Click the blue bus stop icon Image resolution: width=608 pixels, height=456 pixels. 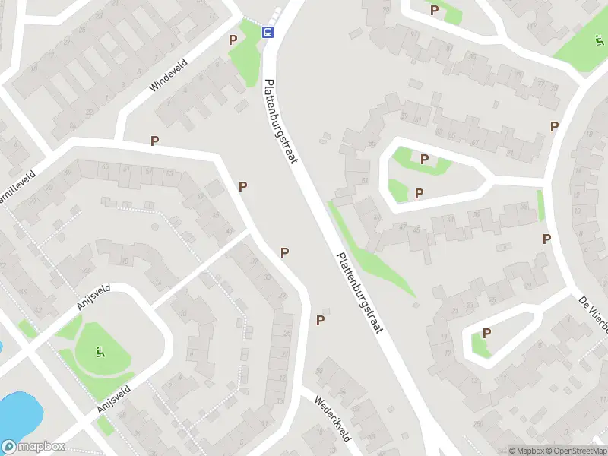268,32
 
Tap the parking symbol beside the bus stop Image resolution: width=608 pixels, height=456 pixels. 233,39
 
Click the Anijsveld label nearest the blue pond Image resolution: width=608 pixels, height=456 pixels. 113,398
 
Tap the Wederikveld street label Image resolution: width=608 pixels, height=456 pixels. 332,417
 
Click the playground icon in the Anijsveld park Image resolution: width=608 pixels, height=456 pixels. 99,352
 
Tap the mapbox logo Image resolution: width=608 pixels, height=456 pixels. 33,447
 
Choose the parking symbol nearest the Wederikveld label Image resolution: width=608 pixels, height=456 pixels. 321,320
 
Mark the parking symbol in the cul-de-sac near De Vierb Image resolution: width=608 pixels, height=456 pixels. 486,333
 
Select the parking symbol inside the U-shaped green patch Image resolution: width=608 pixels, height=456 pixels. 424,160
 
